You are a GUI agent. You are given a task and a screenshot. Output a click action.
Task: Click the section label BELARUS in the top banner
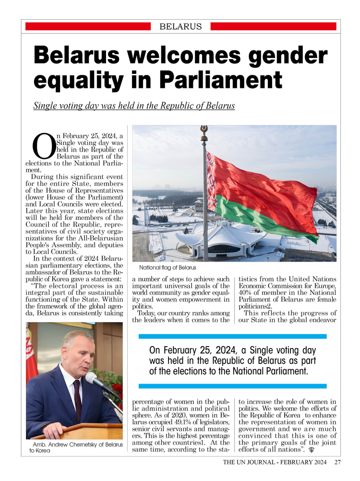pos(180,27)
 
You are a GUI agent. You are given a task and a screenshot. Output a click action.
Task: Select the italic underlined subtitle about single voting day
pos(134,106)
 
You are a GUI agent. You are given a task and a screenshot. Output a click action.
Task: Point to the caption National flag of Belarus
pos(168,267)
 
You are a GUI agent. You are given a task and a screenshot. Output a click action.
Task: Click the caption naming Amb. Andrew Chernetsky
pos(75,448)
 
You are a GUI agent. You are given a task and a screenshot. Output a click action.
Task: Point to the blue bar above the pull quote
pos(232,337)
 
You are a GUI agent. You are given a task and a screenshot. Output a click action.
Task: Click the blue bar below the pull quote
pos(232,386)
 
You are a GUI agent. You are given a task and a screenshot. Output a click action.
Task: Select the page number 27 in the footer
pos(337,463)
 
